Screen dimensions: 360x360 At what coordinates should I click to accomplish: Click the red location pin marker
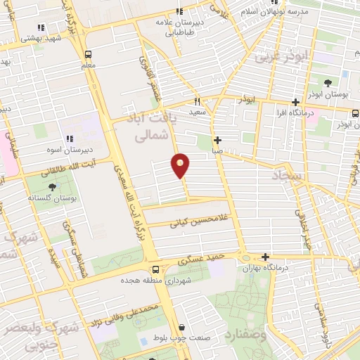tap(181, 164)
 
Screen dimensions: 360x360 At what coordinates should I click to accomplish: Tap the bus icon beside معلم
tap(89, 54)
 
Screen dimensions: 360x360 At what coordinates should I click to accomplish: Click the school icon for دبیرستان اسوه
tap(70, 139)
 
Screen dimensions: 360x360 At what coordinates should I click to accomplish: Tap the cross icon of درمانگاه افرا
tap(295, 101)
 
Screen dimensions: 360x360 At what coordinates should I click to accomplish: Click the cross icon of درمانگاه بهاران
tap(264, 257)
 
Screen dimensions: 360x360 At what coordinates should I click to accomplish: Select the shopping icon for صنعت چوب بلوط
tap(182, 328)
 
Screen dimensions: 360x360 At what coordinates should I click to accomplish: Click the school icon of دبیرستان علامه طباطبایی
tap(179, 11)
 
